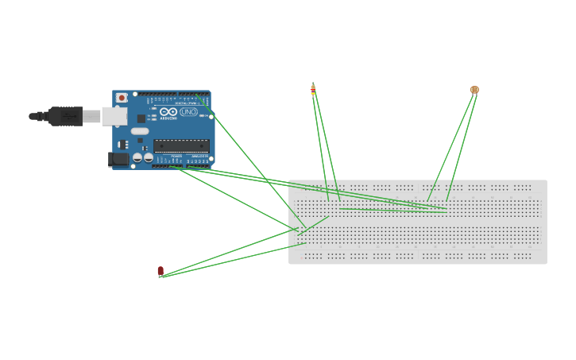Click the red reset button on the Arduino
click(x=122, y=98)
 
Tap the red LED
click(x=160, y=271)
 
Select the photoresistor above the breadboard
click(x=474, y=90)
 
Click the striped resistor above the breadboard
click(x=313, y=89)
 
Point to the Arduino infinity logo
click(x=168, y=112)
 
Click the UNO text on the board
click(x=188, y=112)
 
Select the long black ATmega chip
click(x=182, y=146)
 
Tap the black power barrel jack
click(x=118, y=159)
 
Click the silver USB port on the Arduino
click(x=114, y=116)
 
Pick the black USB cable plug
click(x=66, y=116)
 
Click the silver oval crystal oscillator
click(x=140, y=131)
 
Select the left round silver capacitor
click(x=137, y=157)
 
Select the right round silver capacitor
click(x=149, y=157)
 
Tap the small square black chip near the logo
click(x=141, y=118)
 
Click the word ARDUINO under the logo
click(x=168, y=118)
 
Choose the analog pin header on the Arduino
click(x=200, y=166)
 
